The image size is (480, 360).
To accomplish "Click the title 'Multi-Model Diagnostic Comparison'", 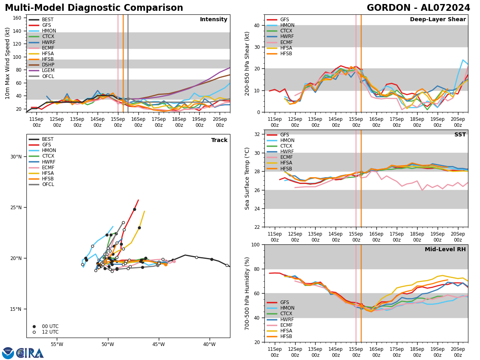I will (94, 8).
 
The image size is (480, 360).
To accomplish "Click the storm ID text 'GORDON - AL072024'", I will (418, 8).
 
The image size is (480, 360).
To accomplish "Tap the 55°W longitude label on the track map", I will (57, 344).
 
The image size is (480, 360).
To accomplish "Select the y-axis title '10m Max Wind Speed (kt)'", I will (8, 63).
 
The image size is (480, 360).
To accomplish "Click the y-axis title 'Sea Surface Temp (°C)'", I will (247, 178).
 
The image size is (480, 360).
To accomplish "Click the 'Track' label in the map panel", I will (219, 140).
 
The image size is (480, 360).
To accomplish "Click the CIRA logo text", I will (30, 353).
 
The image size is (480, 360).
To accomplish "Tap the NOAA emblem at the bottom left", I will (8, 353).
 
